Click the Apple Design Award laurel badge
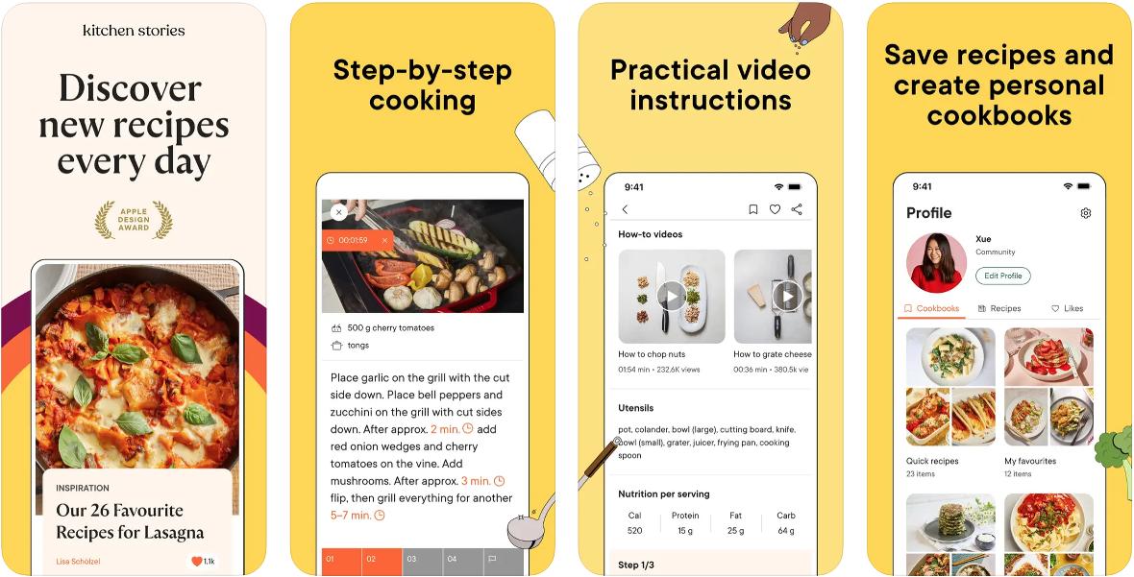pyautogui.click(x=134, y=220)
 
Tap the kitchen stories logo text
pyautogui.click(x=134, y=31)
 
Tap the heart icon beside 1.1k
pyautogui.click(x=196, y=561)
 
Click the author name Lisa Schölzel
pyautogui.click(x=78, y=561)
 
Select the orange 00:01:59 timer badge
pyautogui.click(x=357, y=240)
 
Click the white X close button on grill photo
pyautogui.click(x=338, y=212)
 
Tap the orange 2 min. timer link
pyautogui.click(x=452, y=429)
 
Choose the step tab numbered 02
pyautogui.click(x=382, y=561)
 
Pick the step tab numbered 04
pyautogui.click(x=462, y=561)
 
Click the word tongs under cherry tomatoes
pyautogui.click(x=358, y=346)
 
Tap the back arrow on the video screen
pyautogui.click(x=625, y=209)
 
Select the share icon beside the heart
pyautogui.click(x=797, y=209)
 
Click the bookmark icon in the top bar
pyautogui.click(x=752, y=209)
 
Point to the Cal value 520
pyautogui.click(x=635, y=531)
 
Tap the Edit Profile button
pyautogui.click(x=1003, y=276)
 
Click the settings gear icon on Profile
pyautogui.click(x=1086, y=213)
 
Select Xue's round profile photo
pyautogui.click(x=937, y=262)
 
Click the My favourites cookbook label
pyautogui.click(x=1030, y=461)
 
